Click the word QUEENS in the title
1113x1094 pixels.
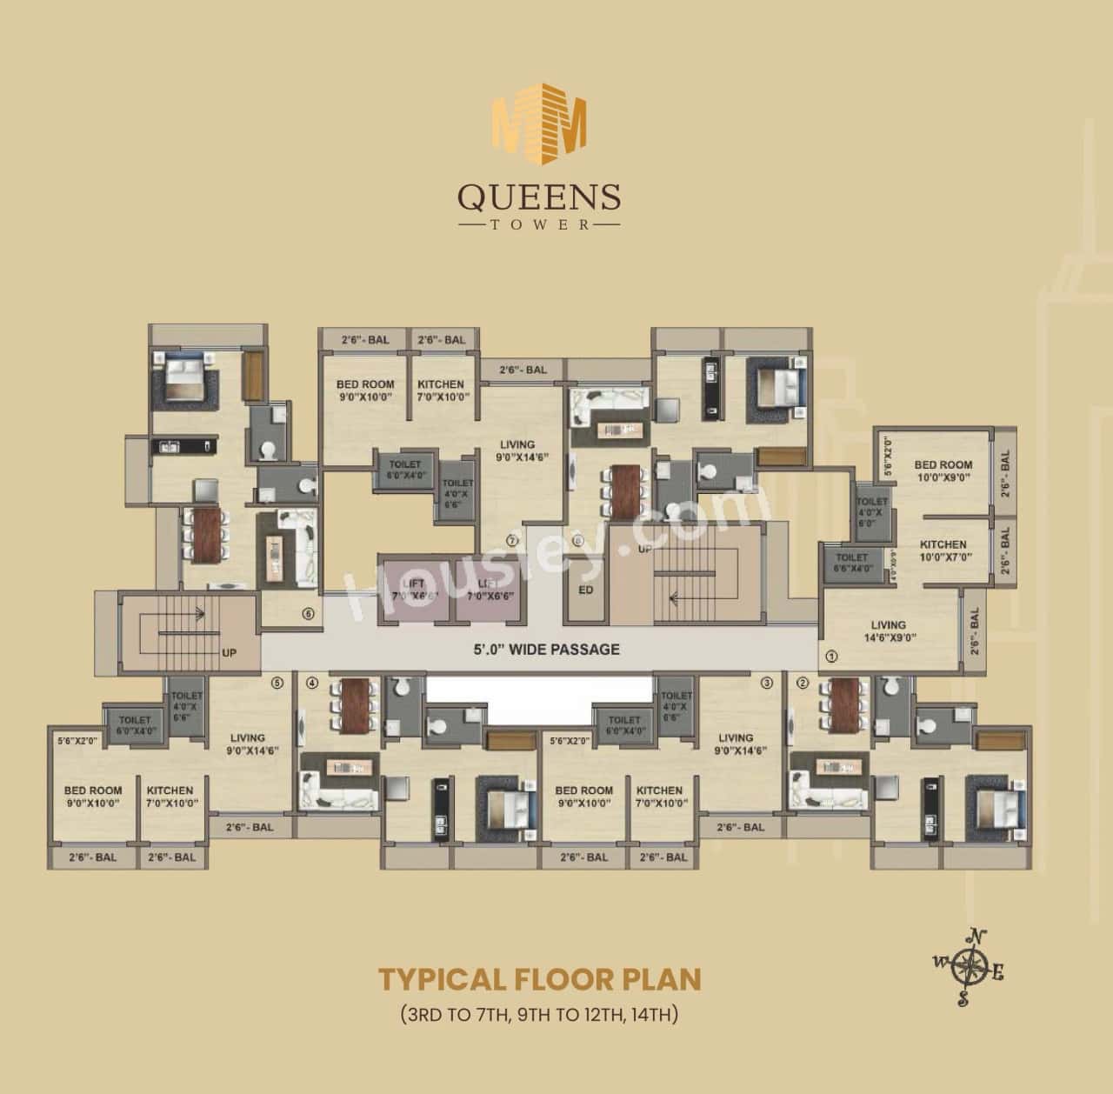tap(539, 197)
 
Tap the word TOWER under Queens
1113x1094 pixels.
tap(539, 224)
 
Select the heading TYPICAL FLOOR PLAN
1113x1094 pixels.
tap(539, 978)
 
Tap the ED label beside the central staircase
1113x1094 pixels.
tap(585, 589)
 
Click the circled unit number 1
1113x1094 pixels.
tap(831, 657)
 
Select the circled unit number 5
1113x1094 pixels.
tap(277, 683)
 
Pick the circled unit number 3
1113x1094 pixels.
tap(766, 683)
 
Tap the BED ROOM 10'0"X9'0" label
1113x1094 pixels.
tap(943, 470)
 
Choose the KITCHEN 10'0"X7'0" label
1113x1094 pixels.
tap(943, 550)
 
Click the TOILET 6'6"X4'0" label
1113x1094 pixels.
tap(851, 563)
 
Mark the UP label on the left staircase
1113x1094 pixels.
tap(230, 652)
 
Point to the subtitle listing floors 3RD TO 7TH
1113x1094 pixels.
tap(539, 1014)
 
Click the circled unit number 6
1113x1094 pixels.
tap(307, 613)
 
